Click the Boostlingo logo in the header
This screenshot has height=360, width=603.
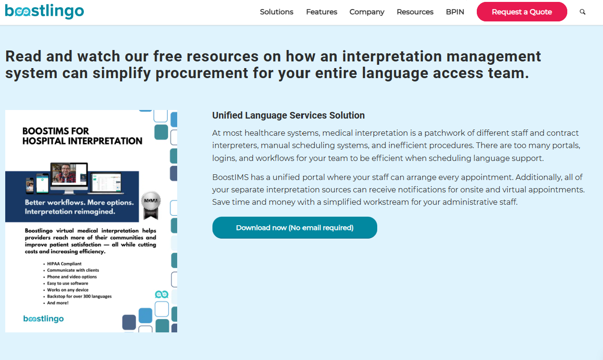click(x=44, y=11)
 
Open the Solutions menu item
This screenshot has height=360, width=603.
click(x=276, y=12)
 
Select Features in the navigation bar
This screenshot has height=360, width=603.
click(x=322, y=12)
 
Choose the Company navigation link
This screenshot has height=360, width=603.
click(x=367, y=12)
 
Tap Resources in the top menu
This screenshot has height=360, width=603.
click(x=415, y=12)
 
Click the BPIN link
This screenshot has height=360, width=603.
click(x=455, y=12)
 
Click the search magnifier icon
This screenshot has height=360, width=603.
click(x=583, y=12)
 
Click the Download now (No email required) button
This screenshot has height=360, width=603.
click(x=294, y=228)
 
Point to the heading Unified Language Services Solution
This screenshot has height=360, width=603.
click(x=288, y=115)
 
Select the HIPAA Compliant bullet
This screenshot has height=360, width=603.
click(x=64, y=264)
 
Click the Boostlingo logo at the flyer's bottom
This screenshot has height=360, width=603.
click(x=44, y=319)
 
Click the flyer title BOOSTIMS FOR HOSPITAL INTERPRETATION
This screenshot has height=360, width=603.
click(x=82, y=136)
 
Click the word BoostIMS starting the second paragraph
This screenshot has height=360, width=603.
click(x=230, y=177)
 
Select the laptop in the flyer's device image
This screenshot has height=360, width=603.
click(x=107, y=183)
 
